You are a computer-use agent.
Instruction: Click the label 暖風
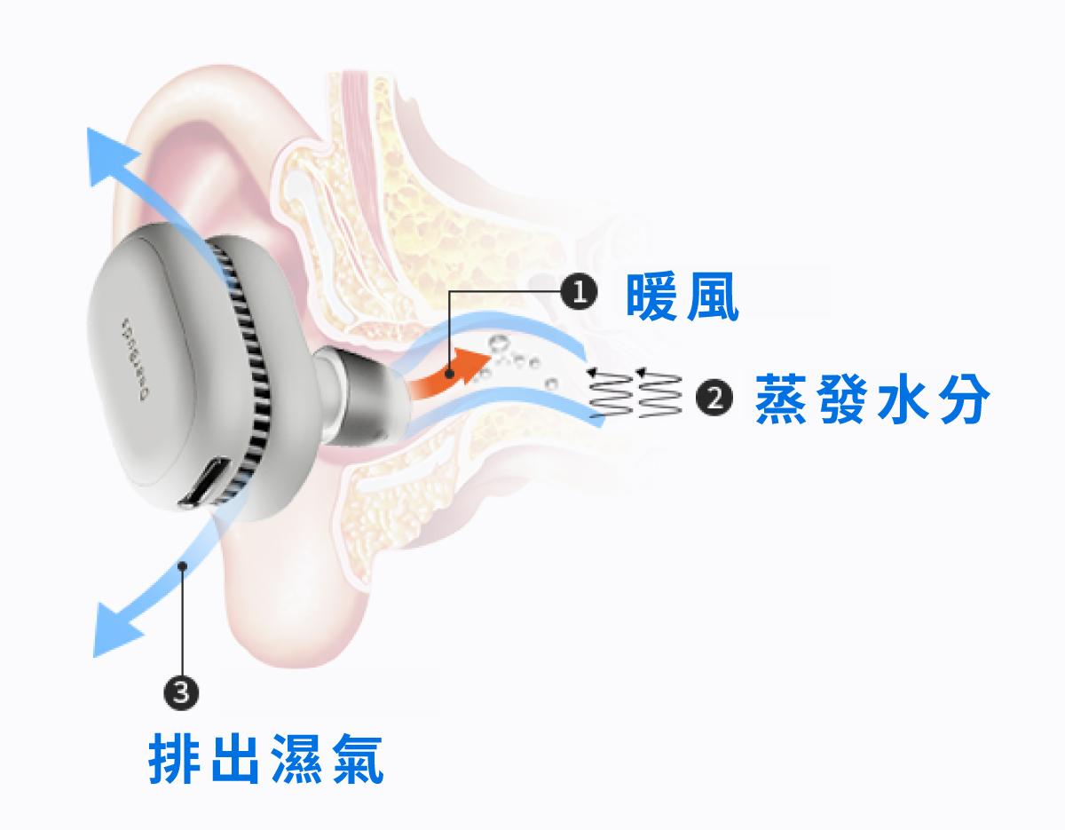(682, 297)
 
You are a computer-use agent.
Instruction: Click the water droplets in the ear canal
(510, 360)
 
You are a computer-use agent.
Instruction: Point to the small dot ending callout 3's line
(182, 565)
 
